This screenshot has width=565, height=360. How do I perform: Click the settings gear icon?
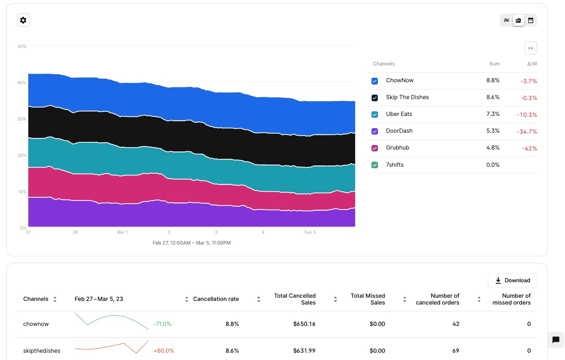[23, 20]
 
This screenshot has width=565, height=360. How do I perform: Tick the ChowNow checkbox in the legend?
[375, 81]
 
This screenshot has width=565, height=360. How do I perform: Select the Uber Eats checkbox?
[375, 115]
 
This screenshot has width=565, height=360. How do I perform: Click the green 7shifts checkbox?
[375, 165]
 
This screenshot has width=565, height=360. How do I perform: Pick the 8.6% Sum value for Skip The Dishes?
[493, 97]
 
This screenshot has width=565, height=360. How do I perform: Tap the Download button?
[512, 280]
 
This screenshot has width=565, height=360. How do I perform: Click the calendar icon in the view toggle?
[530, 20]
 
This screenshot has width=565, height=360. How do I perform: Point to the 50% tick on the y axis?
[22, 46]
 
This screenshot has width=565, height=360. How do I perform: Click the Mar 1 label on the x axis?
[122, 232]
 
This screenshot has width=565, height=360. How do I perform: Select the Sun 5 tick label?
[310, 232]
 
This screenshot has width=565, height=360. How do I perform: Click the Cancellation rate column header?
[216, 299]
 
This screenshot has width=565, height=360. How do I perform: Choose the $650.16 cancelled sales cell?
[304, 324]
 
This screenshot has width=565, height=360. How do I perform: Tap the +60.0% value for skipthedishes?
[164, 351]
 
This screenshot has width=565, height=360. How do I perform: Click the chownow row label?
[36, 324]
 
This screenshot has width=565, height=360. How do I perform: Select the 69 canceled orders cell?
[456, 351]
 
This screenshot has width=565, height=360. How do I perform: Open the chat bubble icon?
[555, 340]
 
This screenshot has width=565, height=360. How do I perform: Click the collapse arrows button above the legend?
[530, 48]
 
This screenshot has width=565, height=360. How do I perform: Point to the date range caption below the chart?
[192, 243]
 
